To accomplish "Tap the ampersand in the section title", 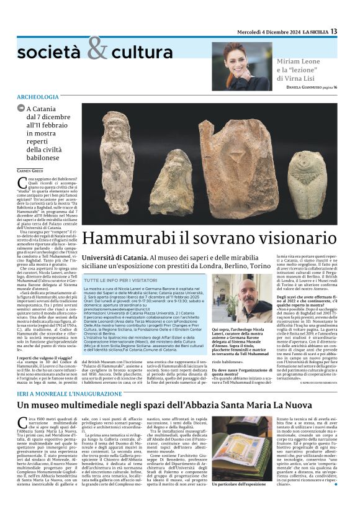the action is pos(97,49).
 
